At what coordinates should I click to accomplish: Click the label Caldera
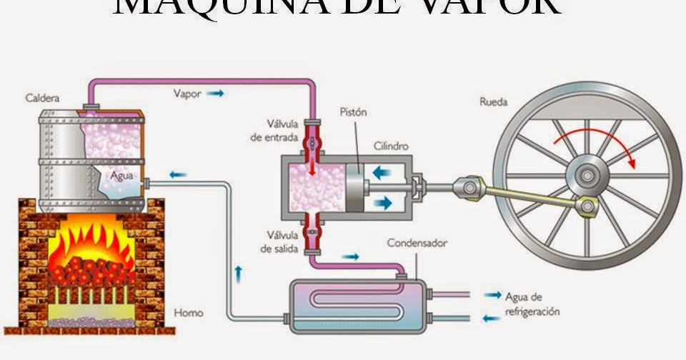coord(42,97)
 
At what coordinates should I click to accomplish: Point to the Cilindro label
coord(392,146)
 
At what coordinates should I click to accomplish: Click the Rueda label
coord(493,101)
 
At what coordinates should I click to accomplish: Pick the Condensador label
coord(417,243)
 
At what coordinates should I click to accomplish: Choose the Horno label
coord(189,312)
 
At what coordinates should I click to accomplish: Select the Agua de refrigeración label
coord(532,304)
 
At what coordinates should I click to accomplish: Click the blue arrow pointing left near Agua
coord(178,174)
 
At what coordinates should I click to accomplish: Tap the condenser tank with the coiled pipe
coord(357,306)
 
